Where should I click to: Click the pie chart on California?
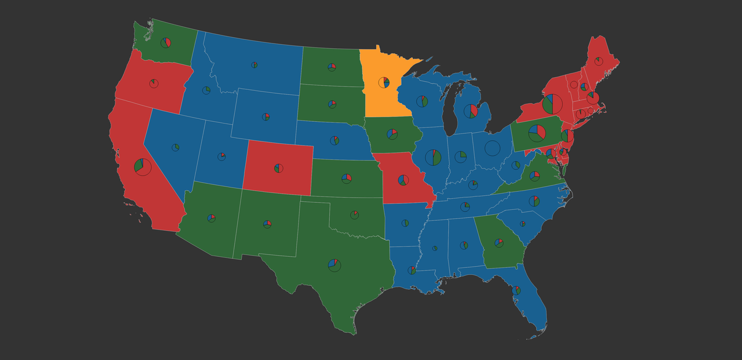click(143, 167)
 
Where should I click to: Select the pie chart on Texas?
click(334, 266)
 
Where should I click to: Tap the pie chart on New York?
click(553, 104)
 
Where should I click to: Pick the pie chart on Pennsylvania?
click(537, 133)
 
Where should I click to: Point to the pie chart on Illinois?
click(433, 157)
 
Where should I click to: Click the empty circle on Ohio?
click(492, 148)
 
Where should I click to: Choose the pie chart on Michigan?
click(471, 111)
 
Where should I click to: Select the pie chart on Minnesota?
click(384, 82)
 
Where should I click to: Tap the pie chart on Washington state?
click(166, 42)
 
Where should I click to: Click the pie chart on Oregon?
click(154, 83)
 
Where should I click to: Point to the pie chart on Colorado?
click(279, 168)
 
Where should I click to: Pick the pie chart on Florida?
click(517, 290)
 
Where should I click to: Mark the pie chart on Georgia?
click(499, 243)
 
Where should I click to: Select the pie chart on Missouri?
click(403, 180)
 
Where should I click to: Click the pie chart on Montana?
click(254, 65)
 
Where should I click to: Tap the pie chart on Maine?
click(598, 61)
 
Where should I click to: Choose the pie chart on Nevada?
click(176, 147)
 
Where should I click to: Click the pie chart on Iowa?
click(392, 134)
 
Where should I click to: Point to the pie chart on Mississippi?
click(435, 248)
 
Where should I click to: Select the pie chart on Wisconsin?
click(422, 101)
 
